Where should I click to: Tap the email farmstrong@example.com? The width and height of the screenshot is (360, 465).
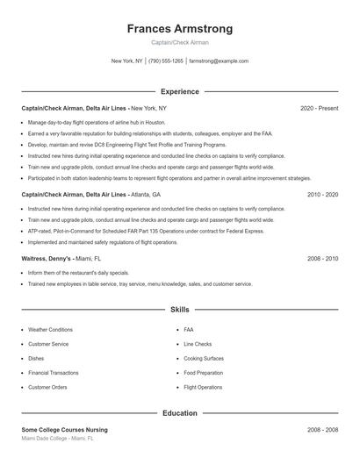[x=219, y=61]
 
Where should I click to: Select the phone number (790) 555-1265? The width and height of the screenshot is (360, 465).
[x=166, y=61]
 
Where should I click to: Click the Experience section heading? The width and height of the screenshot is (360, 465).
[x=179, y=91]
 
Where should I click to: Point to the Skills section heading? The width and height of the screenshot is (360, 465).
[x=179, y=310]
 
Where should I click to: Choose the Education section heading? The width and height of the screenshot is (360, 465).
[x=179, y=412]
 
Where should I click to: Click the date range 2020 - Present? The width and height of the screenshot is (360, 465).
[x=319, y=108]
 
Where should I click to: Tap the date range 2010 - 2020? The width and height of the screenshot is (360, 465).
[x=322, y=194]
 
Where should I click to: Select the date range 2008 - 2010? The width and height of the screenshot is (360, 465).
[x=322, y=259]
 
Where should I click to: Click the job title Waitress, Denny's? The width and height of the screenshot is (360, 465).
[x=47, y=259]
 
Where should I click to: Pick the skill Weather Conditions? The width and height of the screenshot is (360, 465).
[x=50, y=330]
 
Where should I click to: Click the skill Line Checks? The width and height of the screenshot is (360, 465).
[x=198, y=344]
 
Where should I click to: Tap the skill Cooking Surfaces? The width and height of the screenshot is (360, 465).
[x=204, y=358]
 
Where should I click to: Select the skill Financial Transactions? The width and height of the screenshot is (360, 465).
[x=54, y=373]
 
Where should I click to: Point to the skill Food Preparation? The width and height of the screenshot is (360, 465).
[x=203, y=373]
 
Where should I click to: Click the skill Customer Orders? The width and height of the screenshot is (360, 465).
[x=47, y=387]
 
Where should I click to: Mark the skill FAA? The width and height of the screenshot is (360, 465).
[x=189, y=330]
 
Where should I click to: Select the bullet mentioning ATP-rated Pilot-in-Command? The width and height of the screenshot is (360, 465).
[x=145, y=231]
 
